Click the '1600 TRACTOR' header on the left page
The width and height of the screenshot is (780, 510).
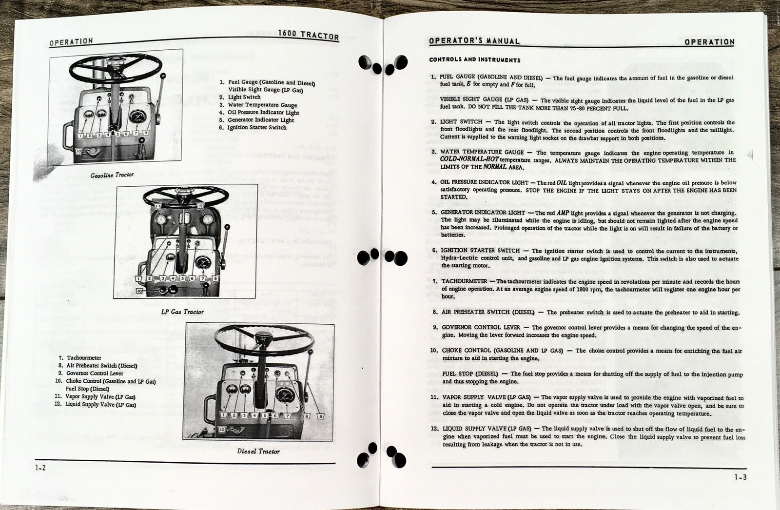point(308,36)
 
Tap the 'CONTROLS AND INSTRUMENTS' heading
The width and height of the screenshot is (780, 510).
point(474,60)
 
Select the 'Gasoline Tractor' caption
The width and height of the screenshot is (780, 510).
point(112,175)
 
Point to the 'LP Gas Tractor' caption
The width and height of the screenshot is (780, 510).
point(182,312)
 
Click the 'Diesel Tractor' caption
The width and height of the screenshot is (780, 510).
point(258,451)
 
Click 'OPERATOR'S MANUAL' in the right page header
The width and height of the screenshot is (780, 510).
point(474,41)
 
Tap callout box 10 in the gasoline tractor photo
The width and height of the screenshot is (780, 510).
point(79,152)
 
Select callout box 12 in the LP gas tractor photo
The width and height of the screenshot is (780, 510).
point(200,207)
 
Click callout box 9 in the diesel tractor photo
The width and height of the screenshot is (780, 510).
point(320,416)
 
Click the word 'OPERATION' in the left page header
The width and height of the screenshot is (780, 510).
point(71,42)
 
